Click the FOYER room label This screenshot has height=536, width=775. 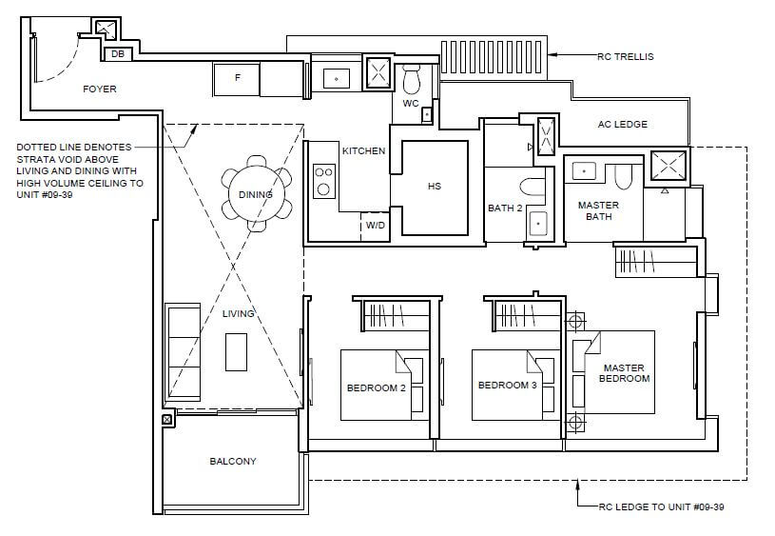click(99, 89)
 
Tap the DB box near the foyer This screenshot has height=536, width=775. click(118, 54)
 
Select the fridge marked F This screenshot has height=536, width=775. click(237, 79)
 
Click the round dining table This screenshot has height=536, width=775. click(256, 193)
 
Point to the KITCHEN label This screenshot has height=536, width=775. click(364, 151)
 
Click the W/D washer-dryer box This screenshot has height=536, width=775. click(376, 227)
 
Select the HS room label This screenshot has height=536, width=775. click(435, 186)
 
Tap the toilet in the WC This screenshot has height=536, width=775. click(411, 79)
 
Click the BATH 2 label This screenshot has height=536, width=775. click(505, 208)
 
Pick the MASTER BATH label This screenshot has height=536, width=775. click(598, 210)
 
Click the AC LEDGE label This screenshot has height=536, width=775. click(622, 124)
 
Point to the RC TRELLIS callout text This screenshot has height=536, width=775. click(626, 57)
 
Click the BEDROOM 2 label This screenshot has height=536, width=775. click(377, 388)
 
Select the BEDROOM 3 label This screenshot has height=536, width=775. click(507, 385)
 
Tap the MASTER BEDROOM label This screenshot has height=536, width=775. click(624, 373)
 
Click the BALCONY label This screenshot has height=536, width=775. click(233, 462)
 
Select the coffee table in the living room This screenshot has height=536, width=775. click(236, 352)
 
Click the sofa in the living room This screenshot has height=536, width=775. click(183, 352)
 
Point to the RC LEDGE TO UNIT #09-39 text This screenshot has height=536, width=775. click(661, 506)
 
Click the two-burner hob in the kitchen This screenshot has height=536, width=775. click(323, 181)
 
